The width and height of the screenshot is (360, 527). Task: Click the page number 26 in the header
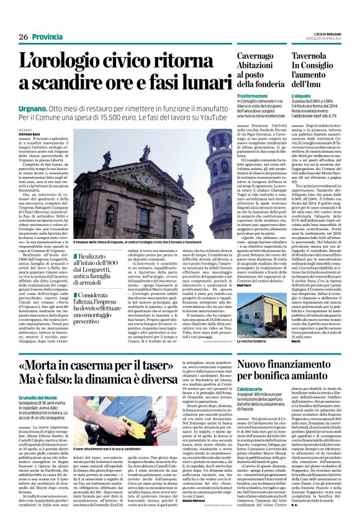[x=22, y=38]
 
